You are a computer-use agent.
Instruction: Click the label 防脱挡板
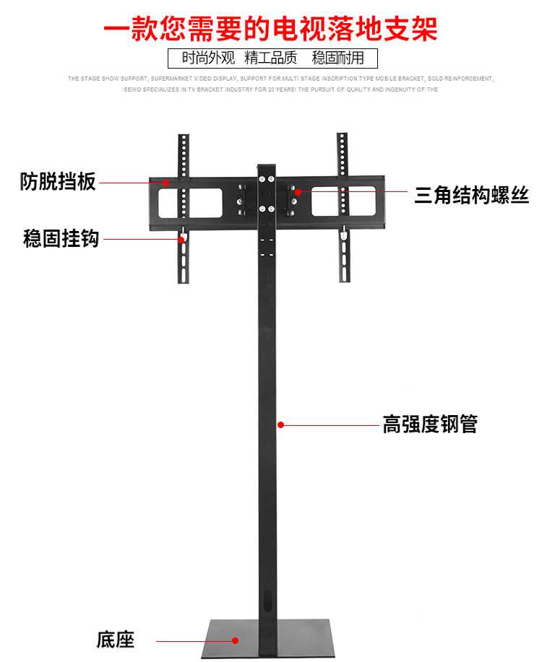point(58,182)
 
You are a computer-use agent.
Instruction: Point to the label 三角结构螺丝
point(471,195)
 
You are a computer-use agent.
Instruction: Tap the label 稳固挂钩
point(61,238)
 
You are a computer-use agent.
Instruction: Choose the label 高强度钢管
point(429,424)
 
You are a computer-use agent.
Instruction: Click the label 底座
point(116,640)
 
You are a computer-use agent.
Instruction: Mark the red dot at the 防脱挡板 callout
point(165,183)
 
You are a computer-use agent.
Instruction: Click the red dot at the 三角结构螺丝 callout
point(298,192)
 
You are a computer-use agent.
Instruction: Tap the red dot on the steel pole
point(281,425)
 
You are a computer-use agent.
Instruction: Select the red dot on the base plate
point(235,640)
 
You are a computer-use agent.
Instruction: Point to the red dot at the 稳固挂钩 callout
point(181,239)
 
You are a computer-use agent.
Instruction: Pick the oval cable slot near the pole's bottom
point(268,601)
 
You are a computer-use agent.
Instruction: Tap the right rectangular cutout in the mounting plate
point(343,202)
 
